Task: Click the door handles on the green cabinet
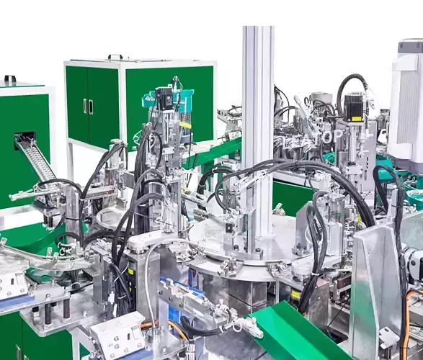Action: [x=89, y=106]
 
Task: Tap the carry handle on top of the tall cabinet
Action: [x=115, y=57]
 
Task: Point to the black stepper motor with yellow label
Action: [x=354, y=107]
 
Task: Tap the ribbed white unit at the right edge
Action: [x=406, y=108]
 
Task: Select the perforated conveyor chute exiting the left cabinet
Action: [x=35, y=160]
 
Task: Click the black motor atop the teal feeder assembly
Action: [x=165, y=99]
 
